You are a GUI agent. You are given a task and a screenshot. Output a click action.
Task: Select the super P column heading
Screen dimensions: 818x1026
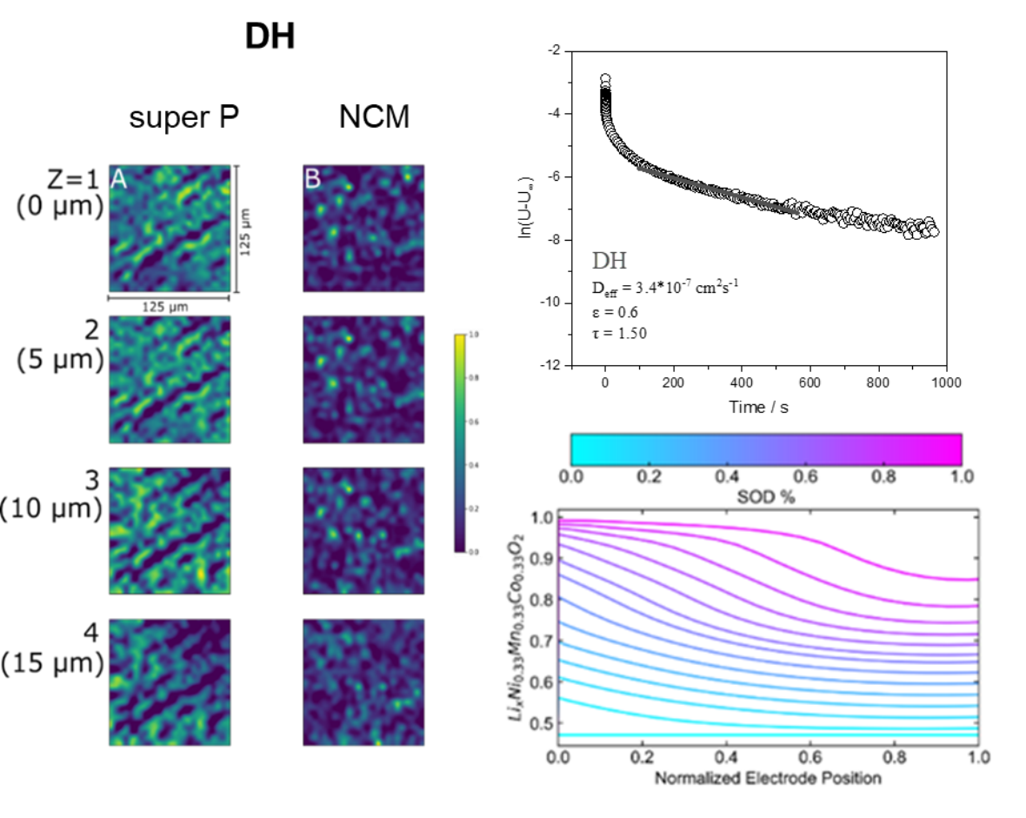(x=184, y=116)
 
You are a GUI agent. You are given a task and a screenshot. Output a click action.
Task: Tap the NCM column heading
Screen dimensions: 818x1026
(x=374, y=116)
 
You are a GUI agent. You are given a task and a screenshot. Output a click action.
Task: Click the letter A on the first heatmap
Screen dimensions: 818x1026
(x=118, y=179)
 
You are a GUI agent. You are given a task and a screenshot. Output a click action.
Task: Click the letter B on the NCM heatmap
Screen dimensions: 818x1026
(x=311, y=179)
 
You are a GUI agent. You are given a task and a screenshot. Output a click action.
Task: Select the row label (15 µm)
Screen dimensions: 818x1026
(x=54, y=664)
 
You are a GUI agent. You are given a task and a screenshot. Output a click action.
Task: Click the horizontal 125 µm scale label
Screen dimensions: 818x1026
(x=169, y=307)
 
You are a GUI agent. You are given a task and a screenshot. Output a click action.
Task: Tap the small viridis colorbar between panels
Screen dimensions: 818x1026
(x=461, y=442)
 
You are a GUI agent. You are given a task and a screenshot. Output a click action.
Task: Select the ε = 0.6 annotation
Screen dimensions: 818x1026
(x=613, y=310)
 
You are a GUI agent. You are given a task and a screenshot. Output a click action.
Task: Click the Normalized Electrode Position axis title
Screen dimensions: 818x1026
(x=768, y=777)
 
